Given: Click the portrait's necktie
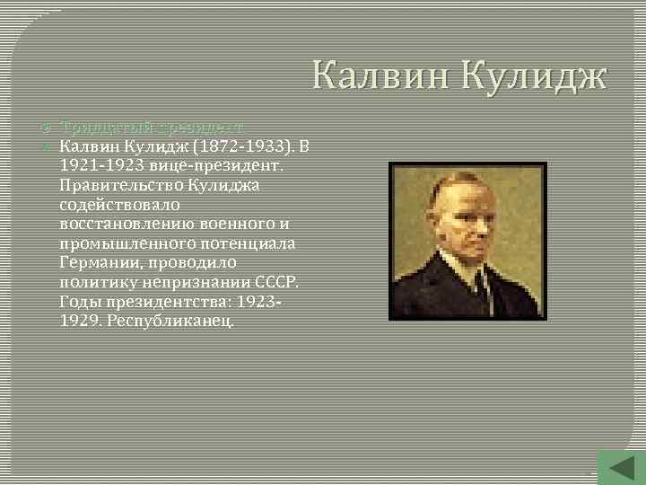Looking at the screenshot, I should coord(481,287).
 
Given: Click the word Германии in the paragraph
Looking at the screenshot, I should coord(100,262).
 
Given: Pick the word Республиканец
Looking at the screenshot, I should coord(170,321).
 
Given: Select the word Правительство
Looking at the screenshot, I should coord(119,185).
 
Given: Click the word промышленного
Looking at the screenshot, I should coord(119,243).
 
